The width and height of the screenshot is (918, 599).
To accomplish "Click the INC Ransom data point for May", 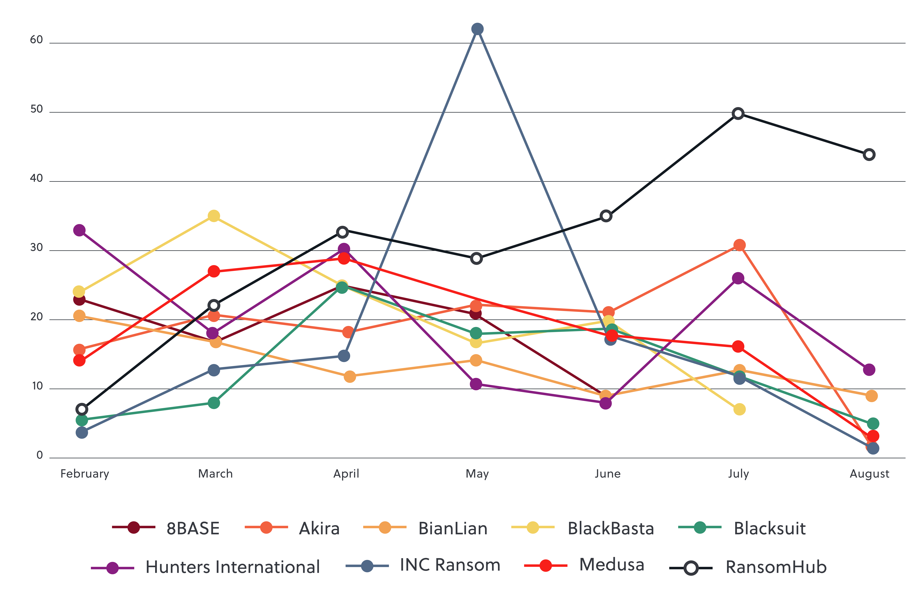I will [477, 29].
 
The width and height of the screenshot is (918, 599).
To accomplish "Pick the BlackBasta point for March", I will [214, 216].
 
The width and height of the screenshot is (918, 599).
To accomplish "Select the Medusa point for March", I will [214, 271].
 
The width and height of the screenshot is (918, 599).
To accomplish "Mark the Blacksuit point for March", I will [214, 403].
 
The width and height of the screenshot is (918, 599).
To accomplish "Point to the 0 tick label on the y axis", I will [39, 455].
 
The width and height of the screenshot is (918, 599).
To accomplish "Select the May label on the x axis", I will [477, 474].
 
